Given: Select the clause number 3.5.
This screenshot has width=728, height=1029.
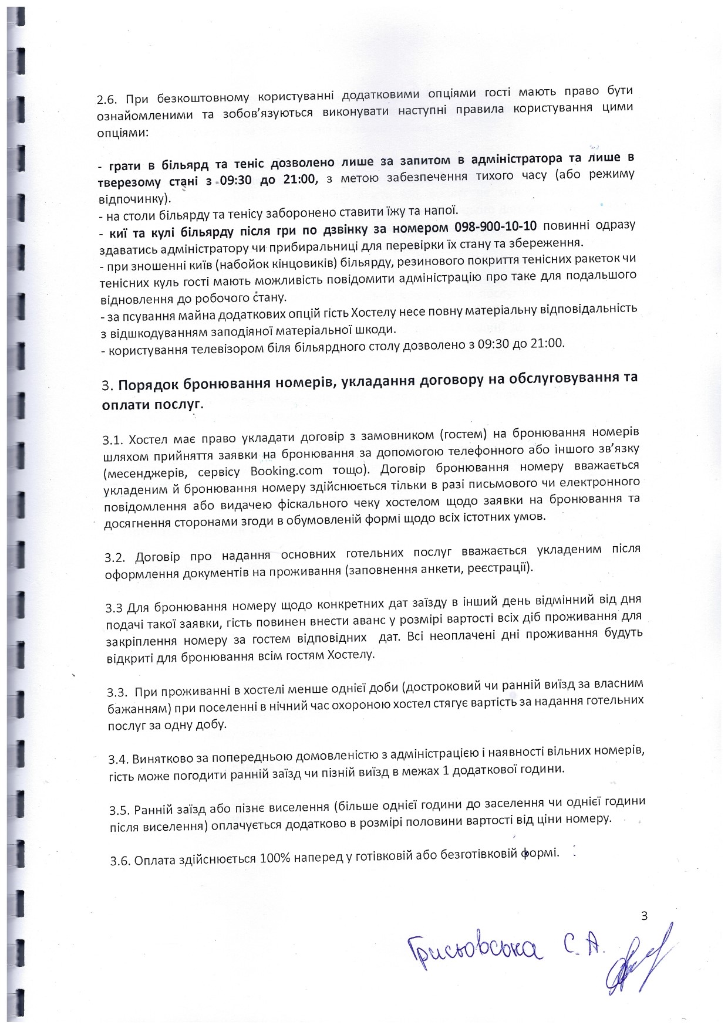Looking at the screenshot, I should [x=119, y=811].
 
